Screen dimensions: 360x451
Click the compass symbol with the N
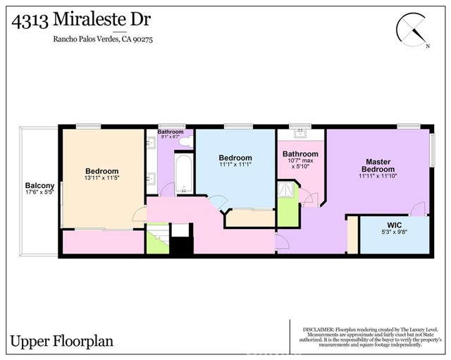[413, 29]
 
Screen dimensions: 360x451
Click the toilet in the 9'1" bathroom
[185, 141]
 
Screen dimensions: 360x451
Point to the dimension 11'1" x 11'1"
[235, 165]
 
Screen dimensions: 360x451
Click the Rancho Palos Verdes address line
[103, 39]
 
